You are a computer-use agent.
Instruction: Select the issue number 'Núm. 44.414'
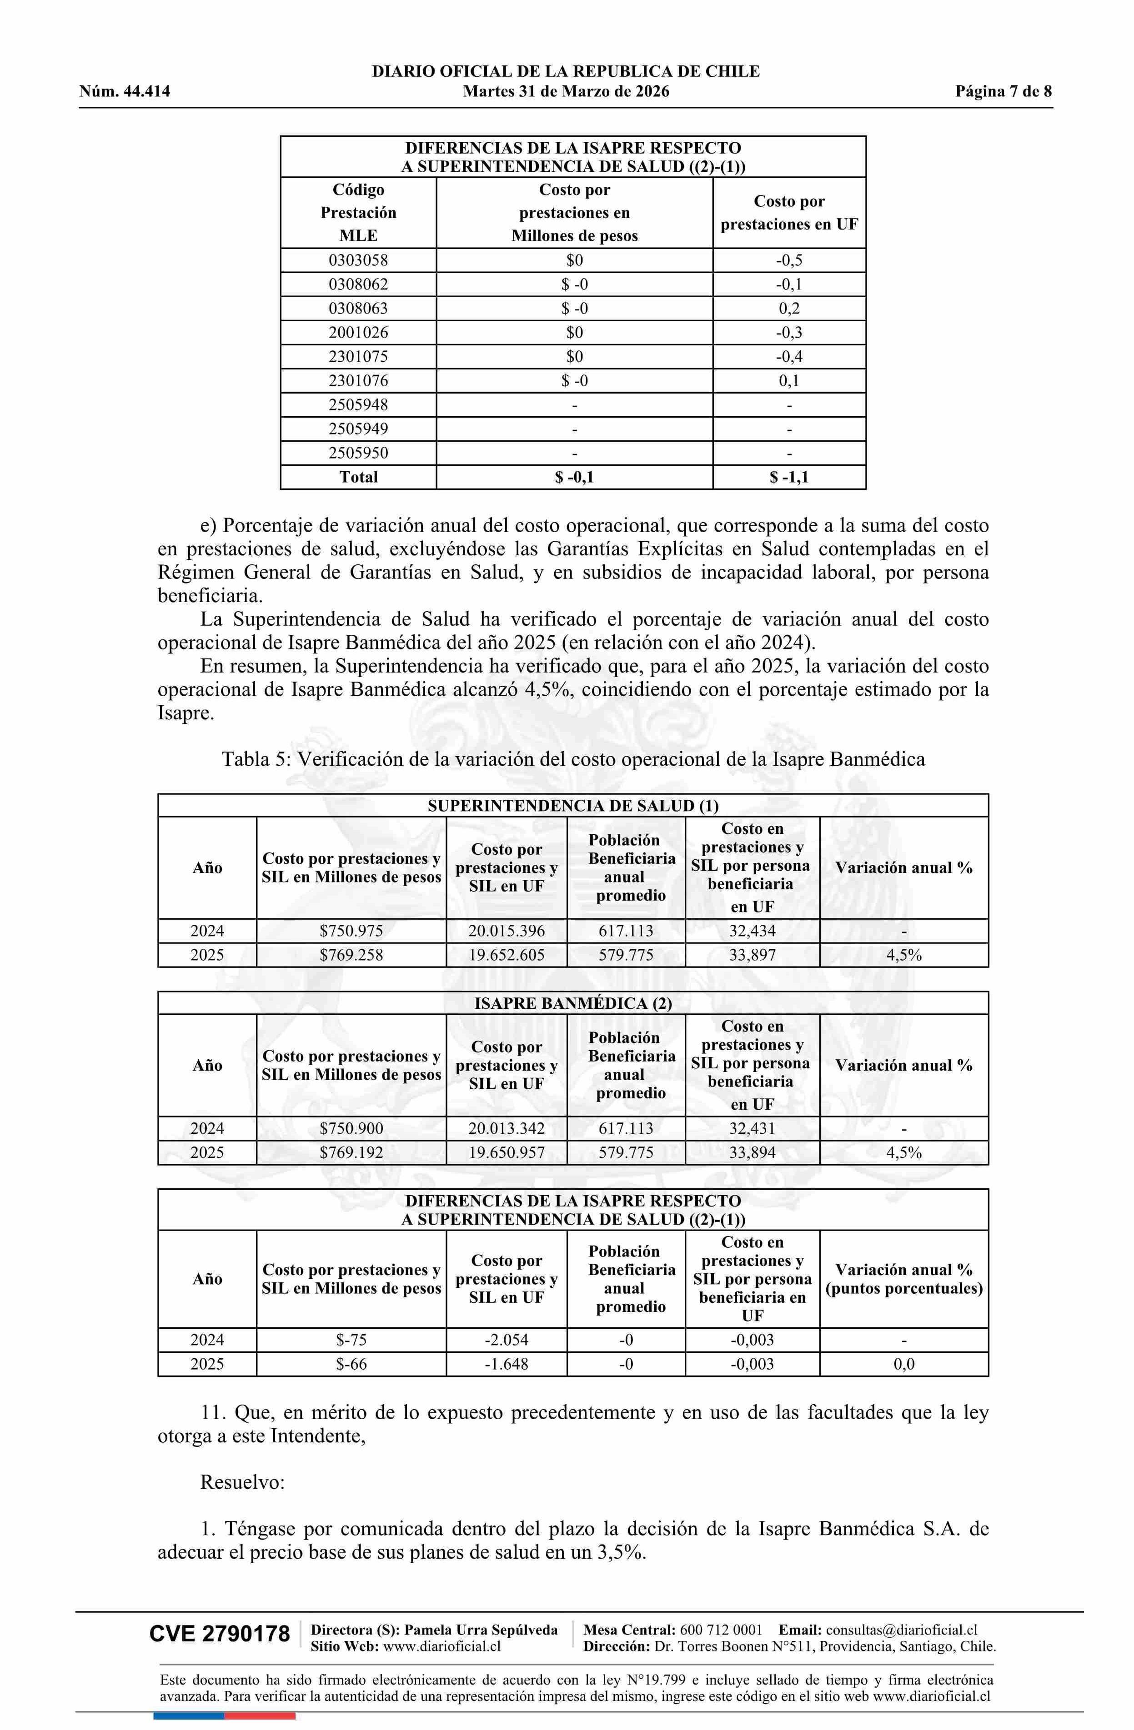coord(125,92)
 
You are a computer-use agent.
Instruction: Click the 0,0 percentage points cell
coord(903,1364)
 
